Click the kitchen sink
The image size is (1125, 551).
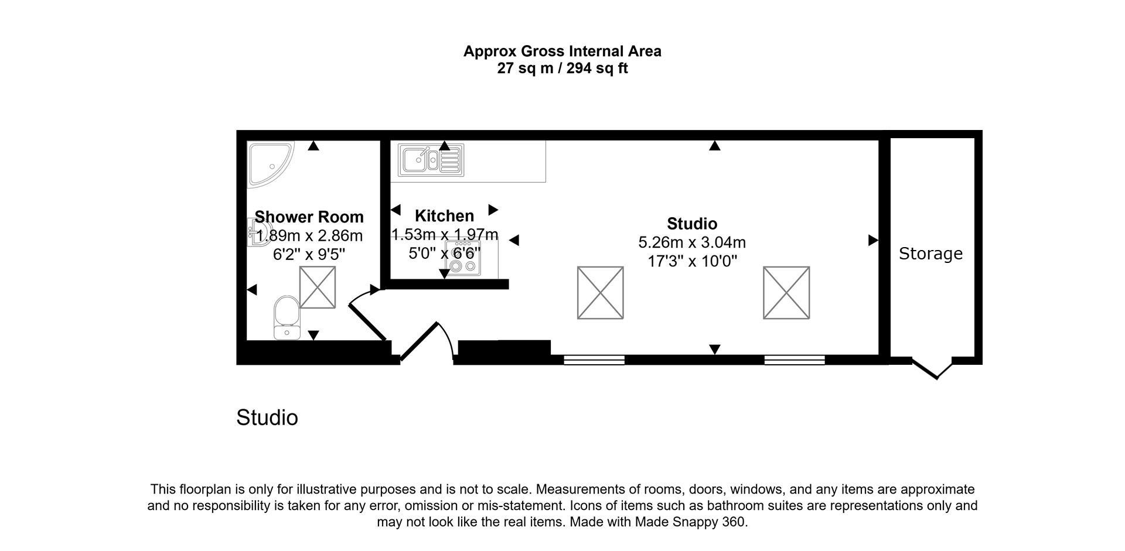(431, 159)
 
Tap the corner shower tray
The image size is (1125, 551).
(269, 163)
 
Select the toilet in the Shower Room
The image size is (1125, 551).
(287, 317)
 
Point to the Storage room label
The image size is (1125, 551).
(930, 254)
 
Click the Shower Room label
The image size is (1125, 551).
(309, 217)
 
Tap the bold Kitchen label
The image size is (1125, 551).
(444, 216)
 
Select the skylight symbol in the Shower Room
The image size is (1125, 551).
(318, 287)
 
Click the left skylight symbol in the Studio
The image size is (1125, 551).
(600, 293)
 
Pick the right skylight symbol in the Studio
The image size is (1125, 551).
(786, 293)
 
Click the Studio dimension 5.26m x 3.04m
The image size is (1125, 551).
(691, 242)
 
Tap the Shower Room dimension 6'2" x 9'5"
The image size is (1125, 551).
(309, 255)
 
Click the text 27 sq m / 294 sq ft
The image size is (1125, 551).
(562, 69)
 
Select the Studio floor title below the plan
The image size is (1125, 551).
(267, 418)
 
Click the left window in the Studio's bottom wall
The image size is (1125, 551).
(594, 360)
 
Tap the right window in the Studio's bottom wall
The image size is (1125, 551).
(795, 360)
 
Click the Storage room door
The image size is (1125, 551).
(932, 368)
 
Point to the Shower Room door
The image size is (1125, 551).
(367, 320)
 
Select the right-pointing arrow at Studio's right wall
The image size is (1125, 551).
(872, 240)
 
